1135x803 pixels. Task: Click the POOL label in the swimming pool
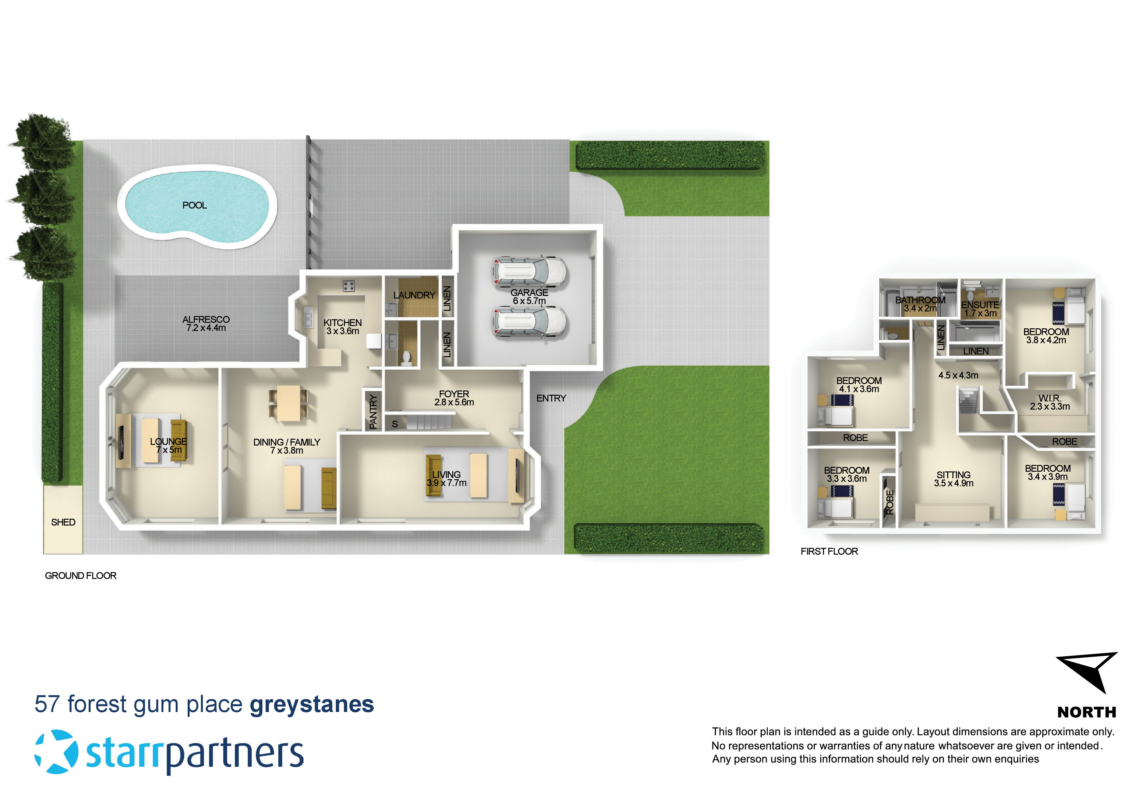(194, 205)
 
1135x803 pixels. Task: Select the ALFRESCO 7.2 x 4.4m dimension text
(206, 328)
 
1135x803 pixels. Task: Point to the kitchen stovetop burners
(348, 286)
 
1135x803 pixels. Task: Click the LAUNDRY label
(414, 295)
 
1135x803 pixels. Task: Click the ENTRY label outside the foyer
(551, 398)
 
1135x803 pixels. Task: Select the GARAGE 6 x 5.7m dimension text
(529, 301)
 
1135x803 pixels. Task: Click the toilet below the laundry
(406, 357)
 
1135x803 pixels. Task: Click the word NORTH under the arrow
(1086, 712)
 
